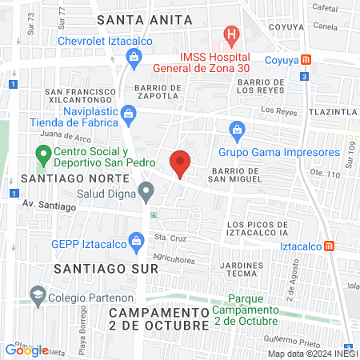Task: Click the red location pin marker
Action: (x=181, y=162)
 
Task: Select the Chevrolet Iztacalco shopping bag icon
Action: (x=134, y=56)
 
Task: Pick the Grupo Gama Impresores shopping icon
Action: (x=237, y=128)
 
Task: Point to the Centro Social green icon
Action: (x=42, y=152)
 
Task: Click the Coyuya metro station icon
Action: (x=306, y=59)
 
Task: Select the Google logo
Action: (x=27, y=350)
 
